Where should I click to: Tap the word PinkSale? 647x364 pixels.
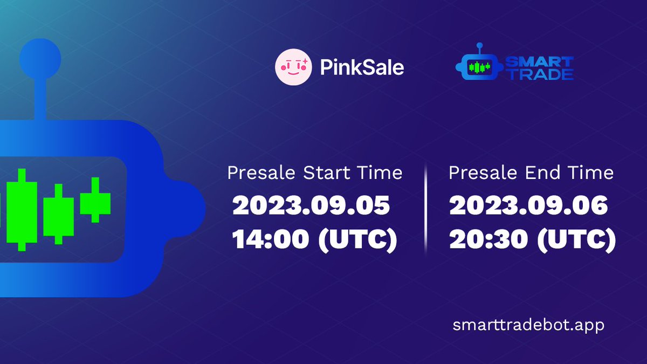pyautogui.click(x=362, y=67)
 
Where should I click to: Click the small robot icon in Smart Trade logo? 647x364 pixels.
pyautogui.click(x=478, y=67)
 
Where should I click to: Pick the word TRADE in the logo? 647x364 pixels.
pyautogui.click(x=539, y=74)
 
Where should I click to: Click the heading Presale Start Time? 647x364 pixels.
pyautogui.click(x=315, y=173)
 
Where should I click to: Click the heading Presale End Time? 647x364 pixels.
pyautogui.click(x=531, y=173)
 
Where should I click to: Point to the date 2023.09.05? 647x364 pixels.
pyautogui.click(x=311, y=206)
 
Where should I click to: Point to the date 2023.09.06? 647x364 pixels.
pyautogui.click(x=528, y=206)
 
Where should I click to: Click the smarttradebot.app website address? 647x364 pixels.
pyautogui.click(x=529, y=326)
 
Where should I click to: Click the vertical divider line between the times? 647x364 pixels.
pyautogui.click(x=425, y=208)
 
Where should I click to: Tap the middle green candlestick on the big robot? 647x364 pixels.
pyautogui.click(x=58, y=212)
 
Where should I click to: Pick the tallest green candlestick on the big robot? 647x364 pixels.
pyautogui.click(x=22, y=209)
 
